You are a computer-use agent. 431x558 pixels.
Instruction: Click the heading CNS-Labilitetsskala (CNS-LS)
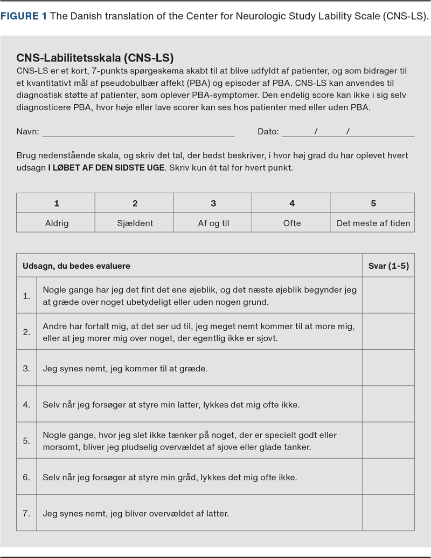coord(95,58)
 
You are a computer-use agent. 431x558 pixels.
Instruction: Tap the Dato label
coord(268,132)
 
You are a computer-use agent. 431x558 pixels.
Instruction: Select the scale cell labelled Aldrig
coord(56,223)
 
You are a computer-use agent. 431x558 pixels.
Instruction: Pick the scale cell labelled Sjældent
coord(135,223)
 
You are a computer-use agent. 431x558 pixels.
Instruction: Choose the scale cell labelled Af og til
coord(213,223)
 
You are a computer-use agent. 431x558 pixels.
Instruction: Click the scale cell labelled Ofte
coord(292,223)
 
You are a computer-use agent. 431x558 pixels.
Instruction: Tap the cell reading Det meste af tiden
coord(373,223)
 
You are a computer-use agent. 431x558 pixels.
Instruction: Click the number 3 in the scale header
coord(213,203)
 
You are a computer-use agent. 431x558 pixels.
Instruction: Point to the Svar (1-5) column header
coord(388,266)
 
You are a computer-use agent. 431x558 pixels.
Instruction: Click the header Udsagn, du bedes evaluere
coord(77,266)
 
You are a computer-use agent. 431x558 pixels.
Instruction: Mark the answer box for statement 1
coord(388,296)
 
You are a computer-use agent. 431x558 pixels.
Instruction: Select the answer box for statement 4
coord(388,404)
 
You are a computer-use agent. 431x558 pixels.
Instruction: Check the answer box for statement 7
coord(388,513)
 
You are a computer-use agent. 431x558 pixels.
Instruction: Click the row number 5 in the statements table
coord(26,440)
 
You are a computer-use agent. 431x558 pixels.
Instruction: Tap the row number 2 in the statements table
coord(26,332)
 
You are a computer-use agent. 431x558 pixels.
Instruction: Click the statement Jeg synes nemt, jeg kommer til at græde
coord(125,369)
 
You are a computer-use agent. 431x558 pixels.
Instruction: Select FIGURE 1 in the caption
coord(24,16)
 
